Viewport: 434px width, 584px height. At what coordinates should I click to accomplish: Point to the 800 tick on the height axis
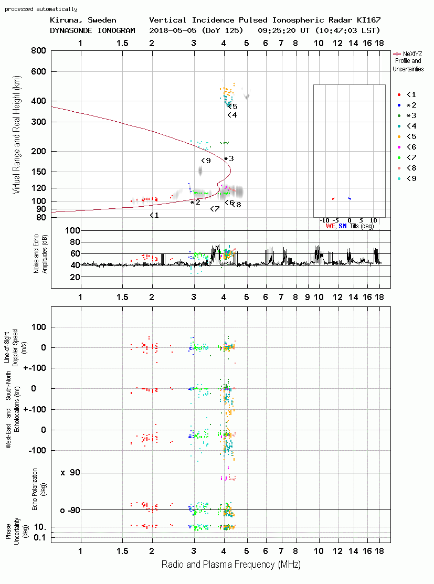coord(38,51)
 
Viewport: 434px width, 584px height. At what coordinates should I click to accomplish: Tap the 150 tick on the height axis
coord(38,172)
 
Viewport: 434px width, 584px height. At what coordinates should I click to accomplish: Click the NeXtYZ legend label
coord(412,54)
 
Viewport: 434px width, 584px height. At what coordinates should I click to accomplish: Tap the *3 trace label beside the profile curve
coord(229,158)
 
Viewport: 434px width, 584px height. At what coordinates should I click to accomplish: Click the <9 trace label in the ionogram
coord(206,161)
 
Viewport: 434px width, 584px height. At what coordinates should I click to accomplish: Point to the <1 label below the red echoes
coord(154,215)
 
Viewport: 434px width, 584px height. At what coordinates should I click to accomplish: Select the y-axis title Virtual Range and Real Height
coord(16,135)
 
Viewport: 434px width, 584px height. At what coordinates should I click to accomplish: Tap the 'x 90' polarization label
coord(70,473)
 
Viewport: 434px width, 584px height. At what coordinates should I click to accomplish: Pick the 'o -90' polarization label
coord(70,510)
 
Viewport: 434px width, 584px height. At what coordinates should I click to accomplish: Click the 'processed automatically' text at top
coord(41,9)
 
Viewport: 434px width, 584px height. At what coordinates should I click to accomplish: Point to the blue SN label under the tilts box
coord(342,226)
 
